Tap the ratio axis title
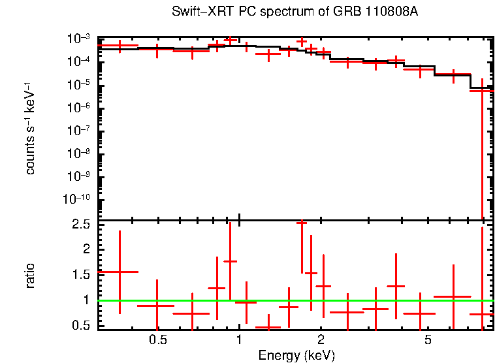pyautogui.click(x=30, y=276)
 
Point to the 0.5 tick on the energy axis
pyautogui.click(x=157, y=340)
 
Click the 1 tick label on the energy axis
pyautogui.click(x=239, y=340)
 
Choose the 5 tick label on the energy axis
pyautogui.click(x=428, y=340)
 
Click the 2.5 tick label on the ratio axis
pyautogui.click(x=82, y=225)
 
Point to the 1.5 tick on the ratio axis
pyautogui.click(x=82, y=275)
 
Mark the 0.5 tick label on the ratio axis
pyautogui.click(x=82, y=325)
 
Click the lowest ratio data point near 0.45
pyautogui.click(x=268, y=327)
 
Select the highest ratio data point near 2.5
pyautogui.click(x=301, y=223)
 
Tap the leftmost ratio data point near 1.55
pyautogui.click(x=120, y=272)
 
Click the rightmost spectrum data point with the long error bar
pyautogui.click(x=482, y=91)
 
